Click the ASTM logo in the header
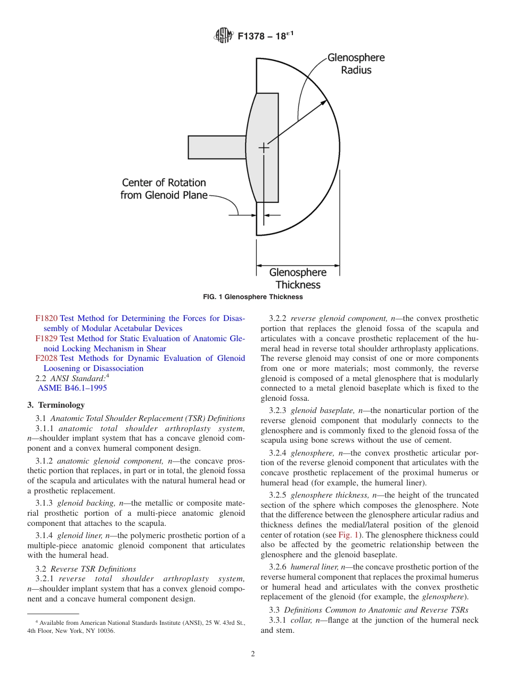(x=223, y=36)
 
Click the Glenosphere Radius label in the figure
(x=355, y=63)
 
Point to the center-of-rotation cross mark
(x=264, y=147)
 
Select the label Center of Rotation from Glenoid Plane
(x=164, y=189)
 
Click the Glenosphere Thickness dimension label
(x=298, y=278)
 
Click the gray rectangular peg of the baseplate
(x=216, y=147)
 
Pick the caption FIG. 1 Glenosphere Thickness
(x=253, y=297)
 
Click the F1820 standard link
(x=46, y=318)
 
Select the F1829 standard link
(x=46, y=338)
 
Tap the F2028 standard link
(x=46, y=358)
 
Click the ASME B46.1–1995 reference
(x=72, y=388)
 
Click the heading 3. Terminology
(x=56, y=405)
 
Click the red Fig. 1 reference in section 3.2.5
(x=348, y=535)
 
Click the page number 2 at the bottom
(x=253, y=654)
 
